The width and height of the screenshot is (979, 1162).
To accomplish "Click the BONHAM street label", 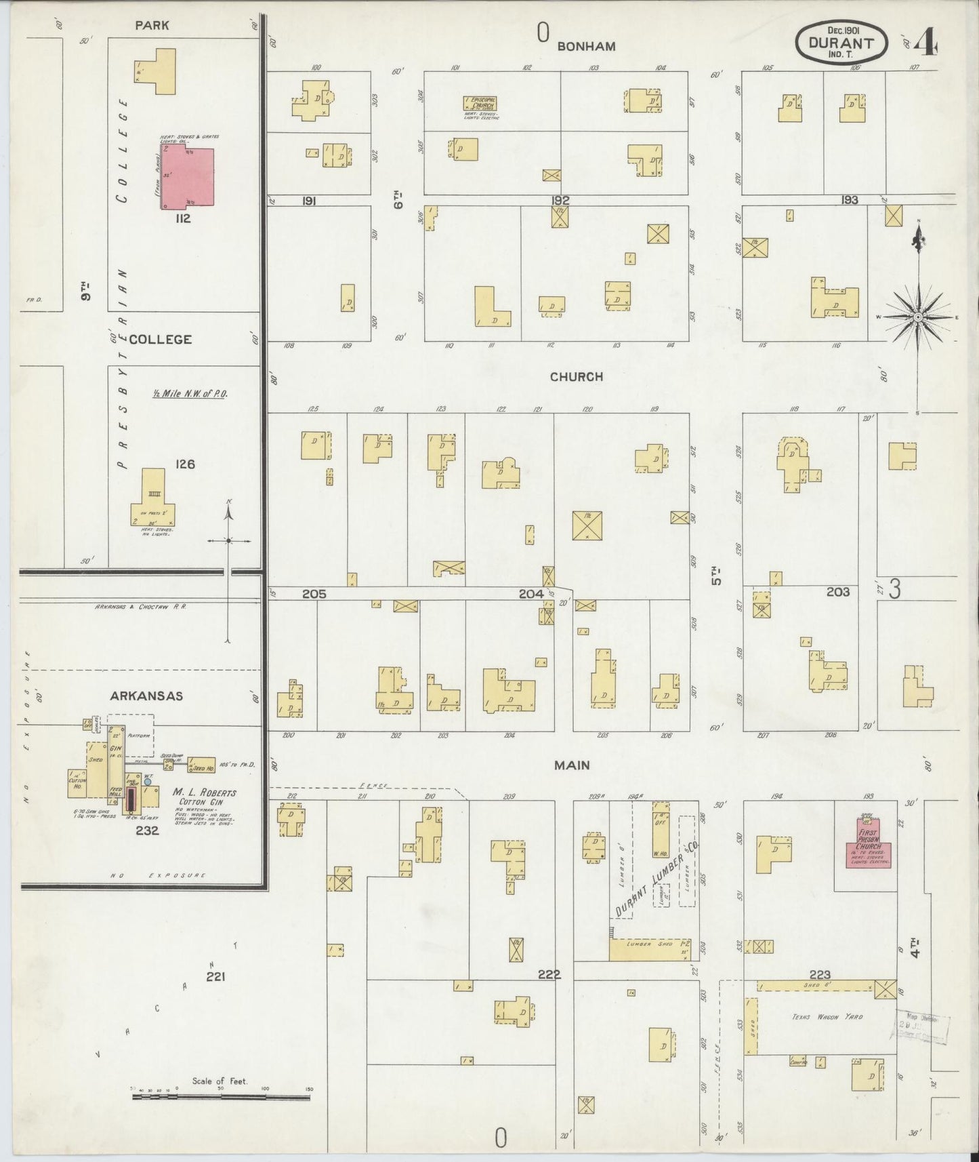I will click(586, 46).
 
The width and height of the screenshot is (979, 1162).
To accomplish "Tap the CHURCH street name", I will click(576, 377).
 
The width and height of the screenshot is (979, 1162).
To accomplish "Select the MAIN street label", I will click(572, 765).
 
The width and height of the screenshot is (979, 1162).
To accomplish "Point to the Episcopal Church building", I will click(480, 103).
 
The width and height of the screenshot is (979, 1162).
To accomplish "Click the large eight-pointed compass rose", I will click(917, 317).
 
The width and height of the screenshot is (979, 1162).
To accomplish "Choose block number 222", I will click(549, 974).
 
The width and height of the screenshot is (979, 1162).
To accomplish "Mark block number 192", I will click(560, 201).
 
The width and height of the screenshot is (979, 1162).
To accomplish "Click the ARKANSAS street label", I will click(147, 696).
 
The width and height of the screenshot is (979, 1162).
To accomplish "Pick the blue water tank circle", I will click(147, 782).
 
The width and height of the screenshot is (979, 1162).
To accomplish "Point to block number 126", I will click(184, 464).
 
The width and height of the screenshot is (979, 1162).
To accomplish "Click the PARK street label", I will click(152, 25).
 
